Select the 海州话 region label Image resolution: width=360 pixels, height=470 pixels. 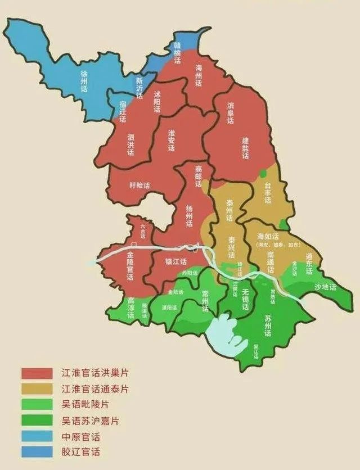coord(198,75)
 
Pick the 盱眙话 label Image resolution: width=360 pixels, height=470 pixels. coord(139,186)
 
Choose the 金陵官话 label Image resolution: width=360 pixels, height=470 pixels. coord(130,269)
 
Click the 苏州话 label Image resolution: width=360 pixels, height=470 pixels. coord(268,326)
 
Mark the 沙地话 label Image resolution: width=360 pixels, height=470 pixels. coord(325,287)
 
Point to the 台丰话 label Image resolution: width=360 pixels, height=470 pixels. coord(268,193)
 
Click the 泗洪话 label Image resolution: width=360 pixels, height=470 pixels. coord(130,145)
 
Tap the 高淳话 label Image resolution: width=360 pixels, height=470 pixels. coord(130,308)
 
